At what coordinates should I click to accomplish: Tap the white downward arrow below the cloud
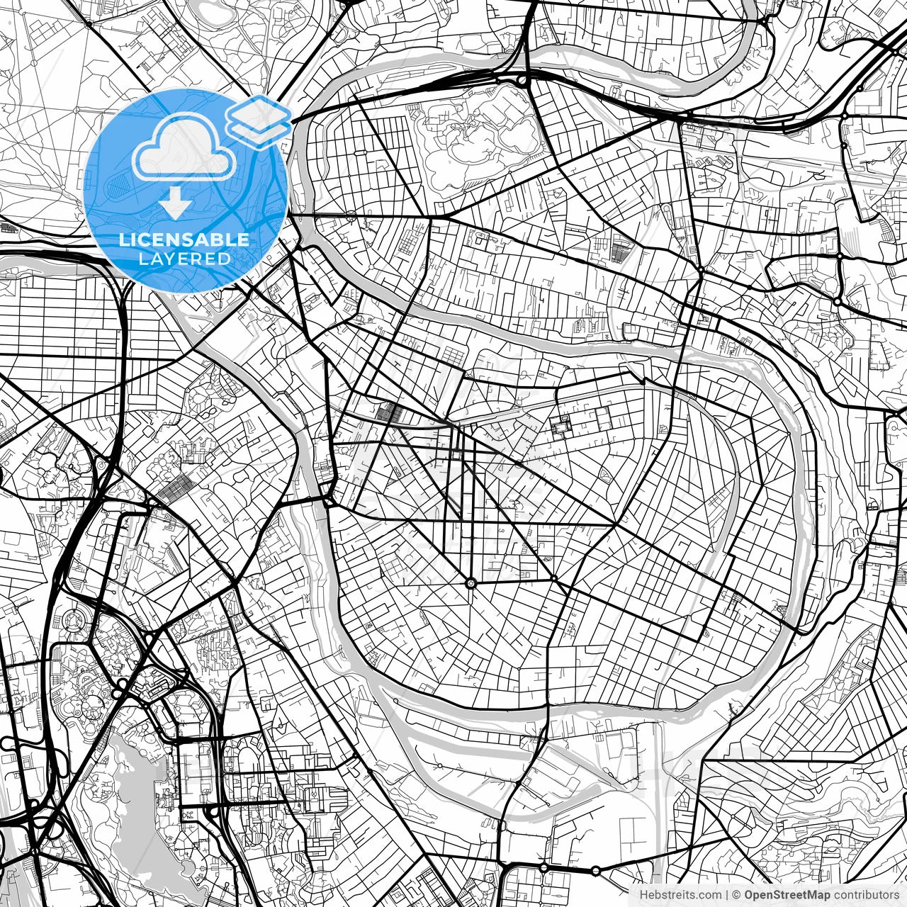coord(174,203)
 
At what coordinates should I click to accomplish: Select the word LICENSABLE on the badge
coord(184,240)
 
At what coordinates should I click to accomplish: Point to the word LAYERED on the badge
coord(184,259)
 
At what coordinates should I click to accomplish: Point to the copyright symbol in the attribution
coord(737,894)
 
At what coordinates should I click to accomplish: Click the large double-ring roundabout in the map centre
coord(471,583)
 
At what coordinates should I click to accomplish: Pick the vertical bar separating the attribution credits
coord(726,894)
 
